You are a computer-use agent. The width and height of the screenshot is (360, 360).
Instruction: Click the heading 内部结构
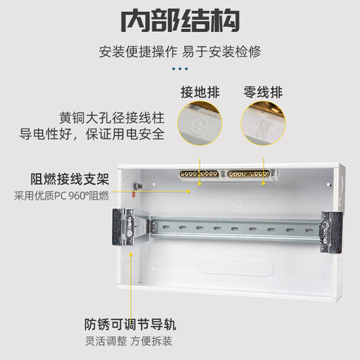(180, 21)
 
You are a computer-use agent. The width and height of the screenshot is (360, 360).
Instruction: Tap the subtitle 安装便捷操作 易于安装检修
(180, 52)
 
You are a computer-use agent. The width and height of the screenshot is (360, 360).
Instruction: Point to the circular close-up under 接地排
(201, 125)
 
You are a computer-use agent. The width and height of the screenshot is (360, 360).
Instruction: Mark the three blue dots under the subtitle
(180, 68)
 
